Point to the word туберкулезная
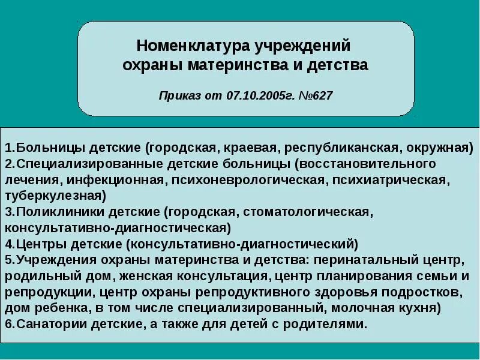[x=55, y=196]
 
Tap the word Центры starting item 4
[x=38, y=244]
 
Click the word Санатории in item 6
[x=46, y=325]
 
